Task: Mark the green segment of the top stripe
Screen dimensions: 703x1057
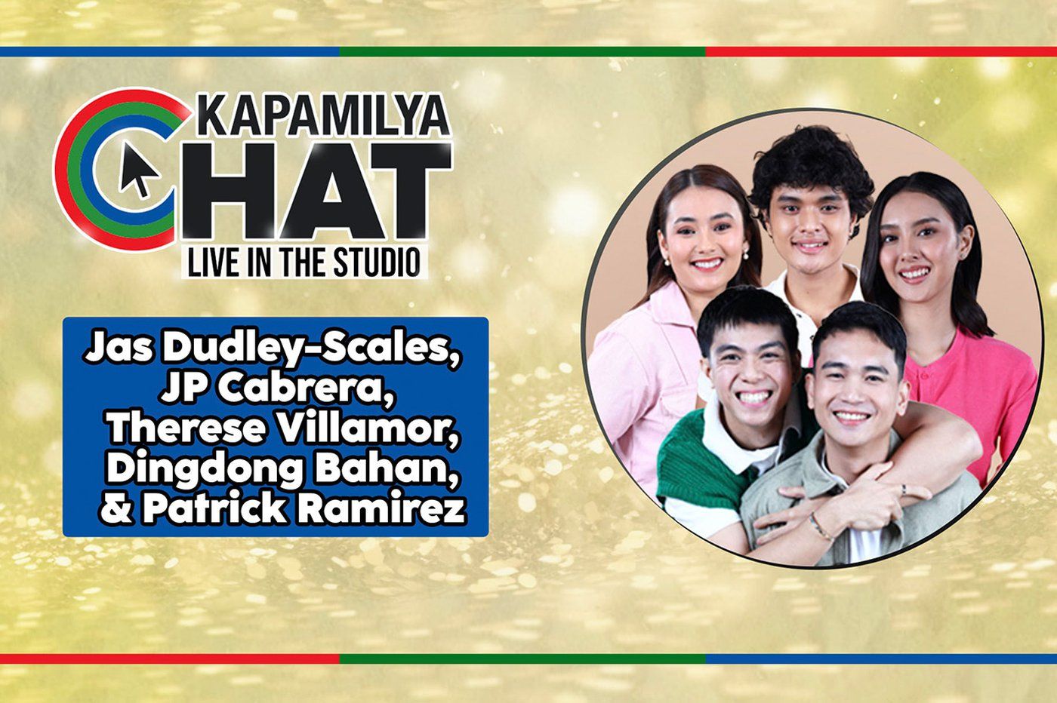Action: pos(521,52)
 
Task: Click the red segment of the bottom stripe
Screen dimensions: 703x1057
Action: pos(169,658)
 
